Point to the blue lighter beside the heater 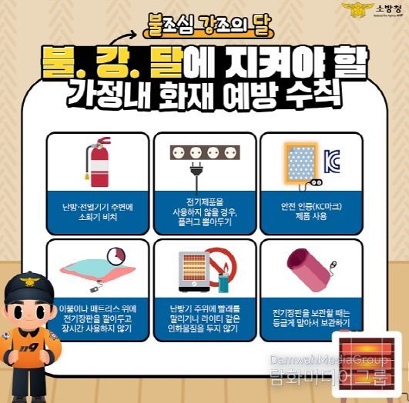point(223,281)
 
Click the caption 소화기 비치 point(97,218)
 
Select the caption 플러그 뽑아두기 point(204,221)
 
